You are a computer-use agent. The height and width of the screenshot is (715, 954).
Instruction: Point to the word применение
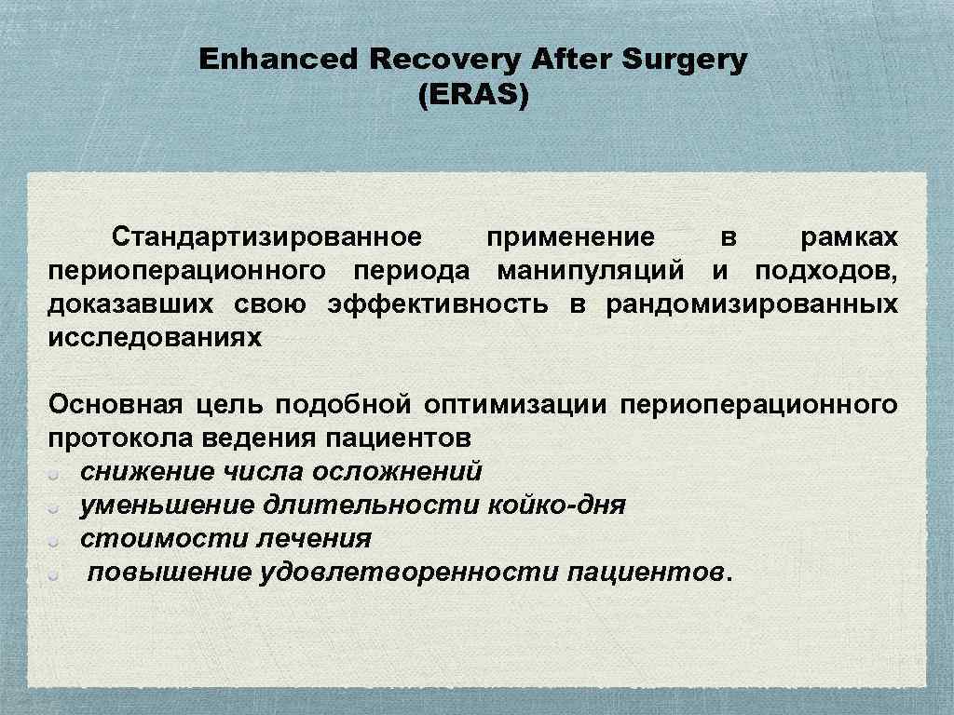(570, 237)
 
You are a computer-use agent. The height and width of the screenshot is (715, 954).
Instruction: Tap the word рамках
(850, 237)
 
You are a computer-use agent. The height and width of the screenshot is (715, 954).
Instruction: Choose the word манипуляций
(591, 271)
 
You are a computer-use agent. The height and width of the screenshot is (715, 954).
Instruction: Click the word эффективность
(438, 304)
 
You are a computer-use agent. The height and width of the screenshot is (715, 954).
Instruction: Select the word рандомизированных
(752, 304)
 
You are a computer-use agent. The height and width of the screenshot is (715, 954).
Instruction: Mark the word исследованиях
(155, 338)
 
